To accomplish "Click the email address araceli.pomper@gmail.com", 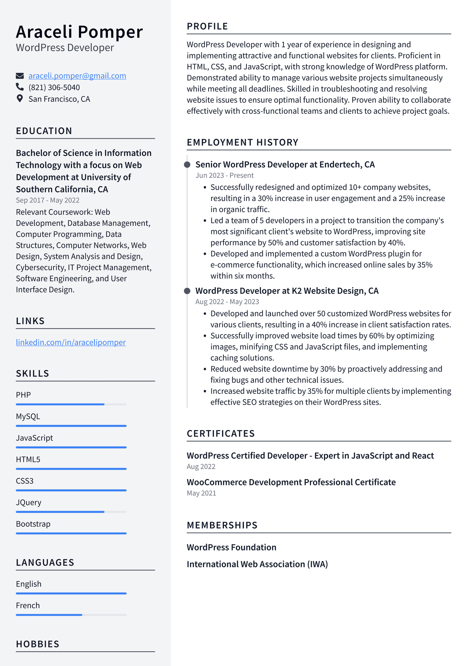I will tap(77, 76).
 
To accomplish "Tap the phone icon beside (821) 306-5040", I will tap(20, 87).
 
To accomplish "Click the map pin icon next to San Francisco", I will tap(20, 99).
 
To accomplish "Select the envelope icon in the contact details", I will tap(20, 76).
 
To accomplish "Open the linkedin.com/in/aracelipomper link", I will tap(71, 342).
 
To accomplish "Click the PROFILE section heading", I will tap(207, 27).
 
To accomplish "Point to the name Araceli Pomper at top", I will tap(79, 32).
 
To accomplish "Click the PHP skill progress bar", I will tap(71, 404).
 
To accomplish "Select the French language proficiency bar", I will tap(71, 615).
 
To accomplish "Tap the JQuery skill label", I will tap(29, 503).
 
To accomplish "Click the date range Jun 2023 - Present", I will tap(224, 176).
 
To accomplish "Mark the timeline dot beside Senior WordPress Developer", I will tap(187, 165).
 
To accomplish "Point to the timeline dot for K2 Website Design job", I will tap(187, 291).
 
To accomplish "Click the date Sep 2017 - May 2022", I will tap(48, 200).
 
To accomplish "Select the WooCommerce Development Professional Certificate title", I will tap(291, 482).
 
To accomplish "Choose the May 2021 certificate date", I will tap(201, 493).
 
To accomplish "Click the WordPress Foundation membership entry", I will tap(231, 547).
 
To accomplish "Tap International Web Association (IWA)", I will tap(257, 564).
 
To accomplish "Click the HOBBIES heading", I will tap(38, 644).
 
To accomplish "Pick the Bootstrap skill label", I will tap(33, 524).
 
